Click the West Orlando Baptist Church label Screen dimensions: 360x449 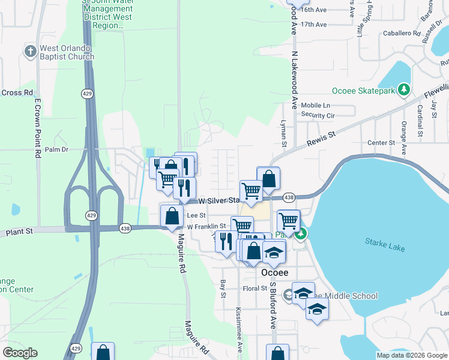tap(67, 52)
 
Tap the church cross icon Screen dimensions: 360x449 tap(31, 51)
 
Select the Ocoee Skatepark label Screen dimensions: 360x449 tap(365, 91)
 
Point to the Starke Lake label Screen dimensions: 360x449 tap(385, 244)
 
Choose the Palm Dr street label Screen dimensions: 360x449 tap(57, 149)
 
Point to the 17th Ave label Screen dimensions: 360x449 tap(314, 25)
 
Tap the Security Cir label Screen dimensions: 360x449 tap(318, 115)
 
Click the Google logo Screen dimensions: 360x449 tap(20, 353)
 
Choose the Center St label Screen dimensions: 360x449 tap(381, 143)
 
